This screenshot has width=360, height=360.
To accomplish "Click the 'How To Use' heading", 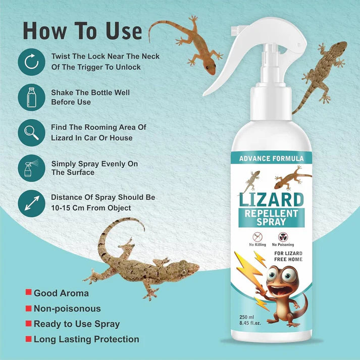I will pyautogui.click(x=82, y=31).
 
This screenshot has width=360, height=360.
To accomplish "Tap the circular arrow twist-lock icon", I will pyautogui.click(x=31, y=62).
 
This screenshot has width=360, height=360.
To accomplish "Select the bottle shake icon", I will pyautogui.click(x=31, y=97).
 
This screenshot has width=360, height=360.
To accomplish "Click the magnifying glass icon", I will pyautogui.click(x=31, y=132).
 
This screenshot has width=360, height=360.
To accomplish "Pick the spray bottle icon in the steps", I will pyautogui.click(x=31, y=168).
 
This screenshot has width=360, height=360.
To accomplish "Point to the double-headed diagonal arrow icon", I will pyautogui.click(x=31, y=202).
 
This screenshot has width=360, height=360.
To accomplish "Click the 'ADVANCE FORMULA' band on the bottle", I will pyautogui.click(x=271, y=159).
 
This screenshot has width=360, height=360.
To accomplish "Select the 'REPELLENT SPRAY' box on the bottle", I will pyautogui.click(x=271, y=218).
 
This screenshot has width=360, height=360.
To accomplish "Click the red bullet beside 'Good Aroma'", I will pyautogui.click(x=28, y=292).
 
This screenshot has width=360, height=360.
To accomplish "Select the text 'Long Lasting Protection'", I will pyautogui.click(x=86, y=339).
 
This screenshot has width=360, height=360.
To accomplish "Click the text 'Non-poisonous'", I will pyautogui.click(x=67, y=308).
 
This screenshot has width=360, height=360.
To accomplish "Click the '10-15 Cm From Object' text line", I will pyautogui.click(x=91, y=208).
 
